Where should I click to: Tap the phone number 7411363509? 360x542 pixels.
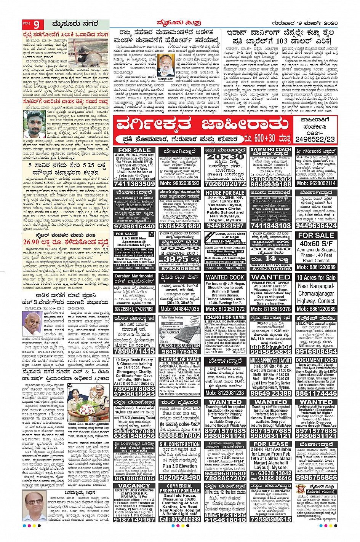pos(134,183)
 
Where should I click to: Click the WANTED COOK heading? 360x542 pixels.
pos(225,277)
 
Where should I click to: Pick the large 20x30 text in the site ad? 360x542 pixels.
pos(225,156)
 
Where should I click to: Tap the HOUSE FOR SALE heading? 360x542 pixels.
pos(225,193)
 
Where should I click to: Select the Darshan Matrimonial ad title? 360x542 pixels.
pos(134,276)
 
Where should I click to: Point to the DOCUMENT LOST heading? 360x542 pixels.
pos(316,360)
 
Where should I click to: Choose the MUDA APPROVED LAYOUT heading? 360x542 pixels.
pos(271,360)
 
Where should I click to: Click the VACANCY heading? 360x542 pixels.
pos(134,486)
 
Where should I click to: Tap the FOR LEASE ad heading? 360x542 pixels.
pos(271,444)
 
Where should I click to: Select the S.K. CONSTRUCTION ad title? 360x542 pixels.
pos(180,444)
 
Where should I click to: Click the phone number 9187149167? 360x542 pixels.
pos(134,519)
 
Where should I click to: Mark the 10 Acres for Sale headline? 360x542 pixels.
pos(316,277)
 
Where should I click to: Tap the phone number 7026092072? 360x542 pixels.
pos(225,183)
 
